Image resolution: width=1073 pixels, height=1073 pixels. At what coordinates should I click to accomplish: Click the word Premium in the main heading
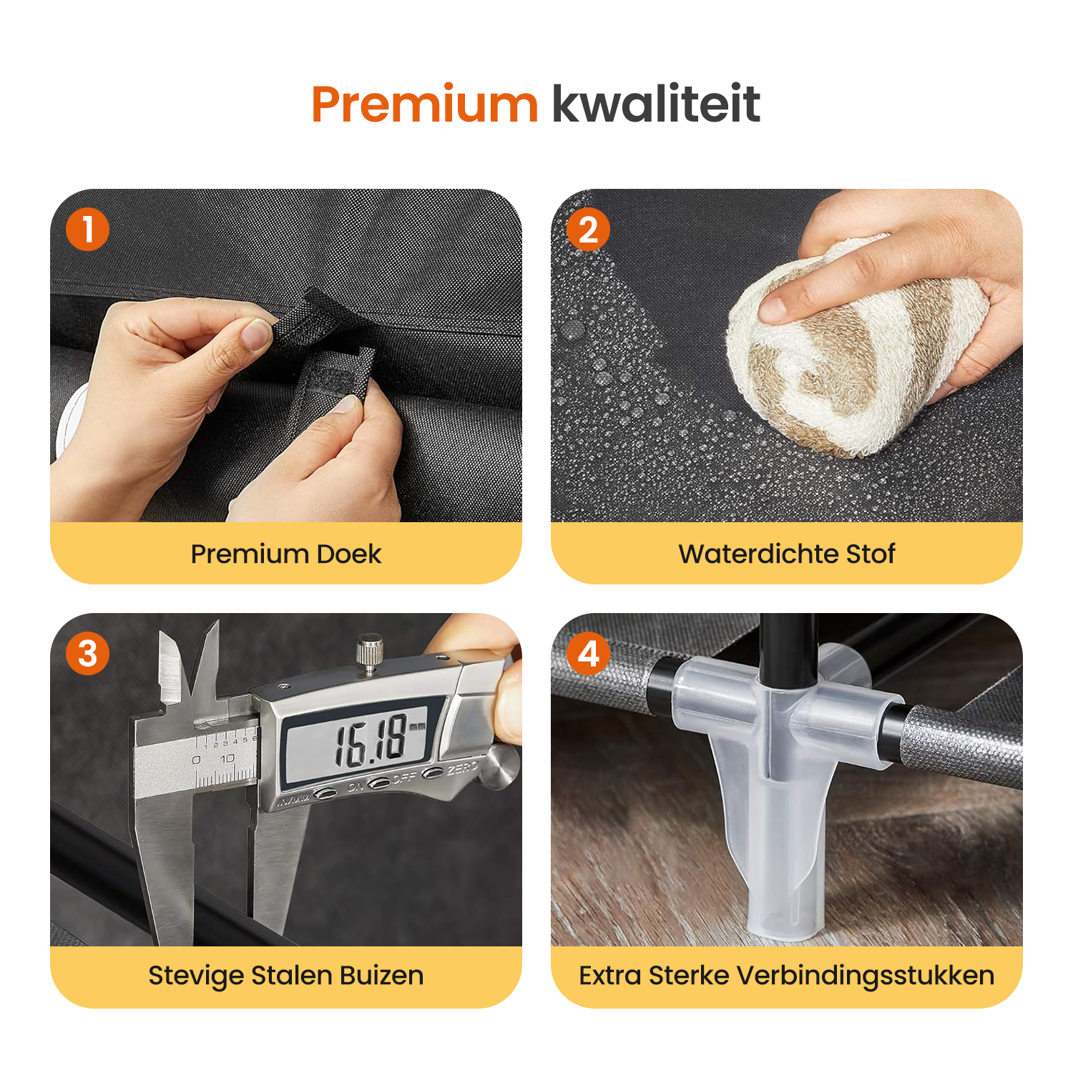(x=425, y=104)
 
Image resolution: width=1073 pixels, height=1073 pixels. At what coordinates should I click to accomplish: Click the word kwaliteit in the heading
(x=656, y=104)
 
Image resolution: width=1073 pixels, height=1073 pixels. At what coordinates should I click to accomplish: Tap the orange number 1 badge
(x=87, y=230)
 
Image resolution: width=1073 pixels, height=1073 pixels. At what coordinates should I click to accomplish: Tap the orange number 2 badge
(x=588, y=230)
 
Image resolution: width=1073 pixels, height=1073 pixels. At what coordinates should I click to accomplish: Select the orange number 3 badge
(x=87, y=654)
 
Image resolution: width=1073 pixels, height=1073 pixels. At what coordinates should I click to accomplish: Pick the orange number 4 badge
(x=588, y=654)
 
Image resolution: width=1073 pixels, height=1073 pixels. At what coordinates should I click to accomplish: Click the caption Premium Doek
(x=286, y=554)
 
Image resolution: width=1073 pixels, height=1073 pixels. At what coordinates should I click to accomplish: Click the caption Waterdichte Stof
(x=787, y=554)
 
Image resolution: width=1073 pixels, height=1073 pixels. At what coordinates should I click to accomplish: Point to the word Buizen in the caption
(x=381, y=976)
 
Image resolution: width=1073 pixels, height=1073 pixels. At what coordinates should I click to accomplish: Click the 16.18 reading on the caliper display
(x=371, y=742)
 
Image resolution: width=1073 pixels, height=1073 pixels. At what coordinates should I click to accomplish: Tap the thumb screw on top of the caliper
(x=369, y=653)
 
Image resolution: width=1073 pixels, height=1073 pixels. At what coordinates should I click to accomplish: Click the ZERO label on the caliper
(x=463, y=768)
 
